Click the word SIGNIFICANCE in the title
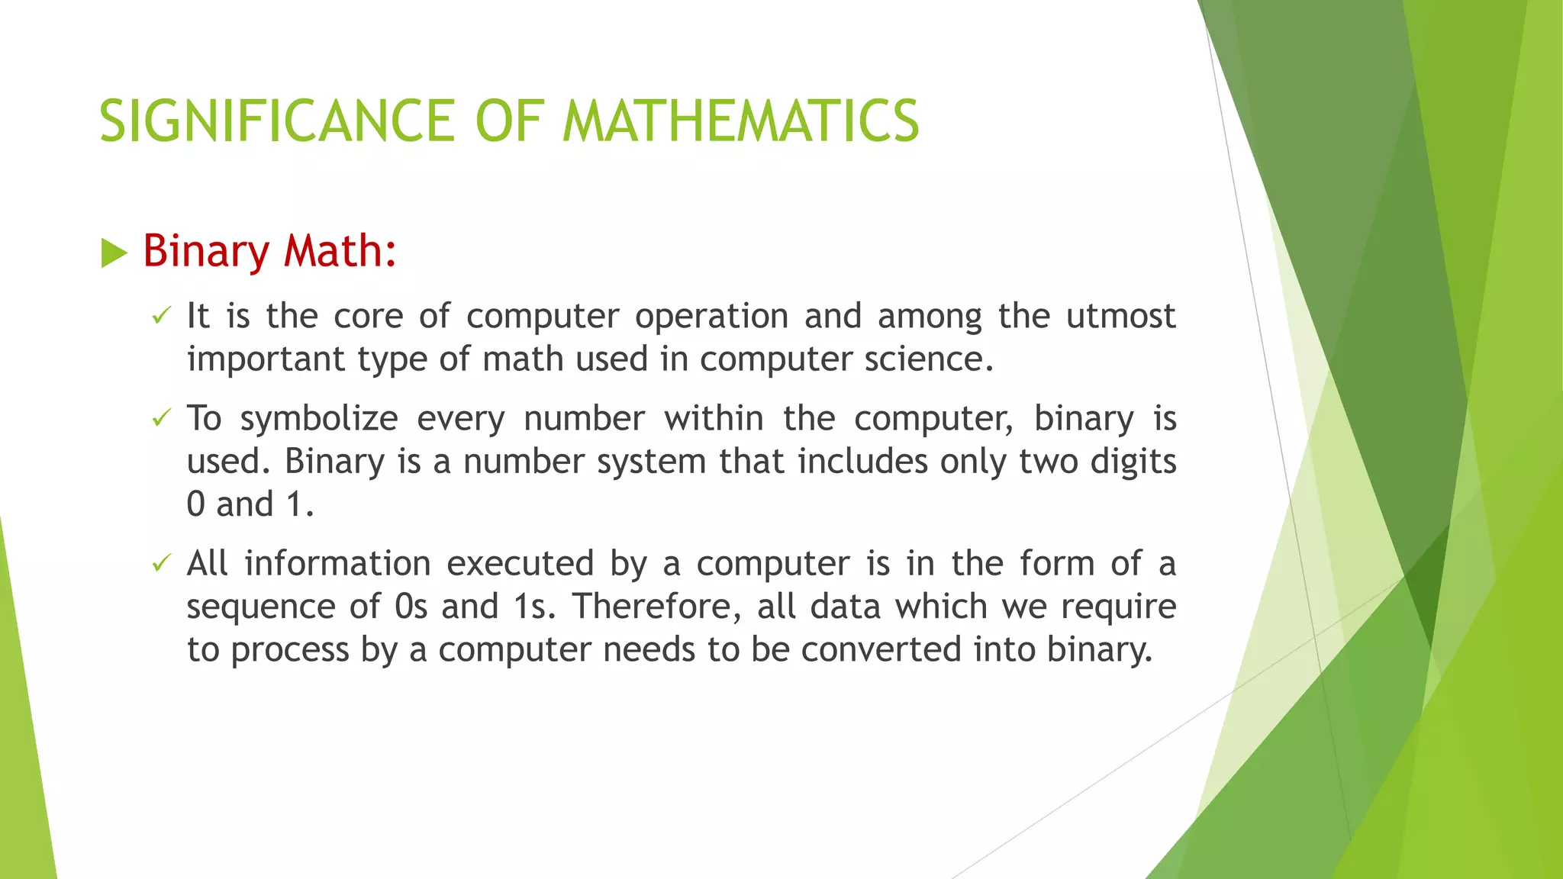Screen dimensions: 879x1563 click(x=277, y=121)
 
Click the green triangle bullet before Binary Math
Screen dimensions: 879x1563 click(x=114, y=253)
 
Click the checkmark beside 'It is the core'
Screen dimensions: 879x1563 click(x=160, y=315)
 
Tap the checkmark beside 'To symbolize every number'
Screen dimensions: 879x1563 click(x=160, y=417)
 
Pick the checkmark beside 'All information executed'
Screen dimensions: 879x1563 click(x=160, y=563)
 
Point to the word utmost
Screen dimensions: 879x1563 click(x=1120, y=316)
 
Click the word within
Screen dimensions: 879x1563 click(x=714, y=418)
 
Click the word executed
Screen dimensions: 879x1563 click(x=520, y=564)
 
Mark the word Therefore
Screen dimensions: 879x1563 click(x=657, y=607)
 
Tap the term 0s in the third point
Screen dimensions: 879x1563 click(x=411, y=607)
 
